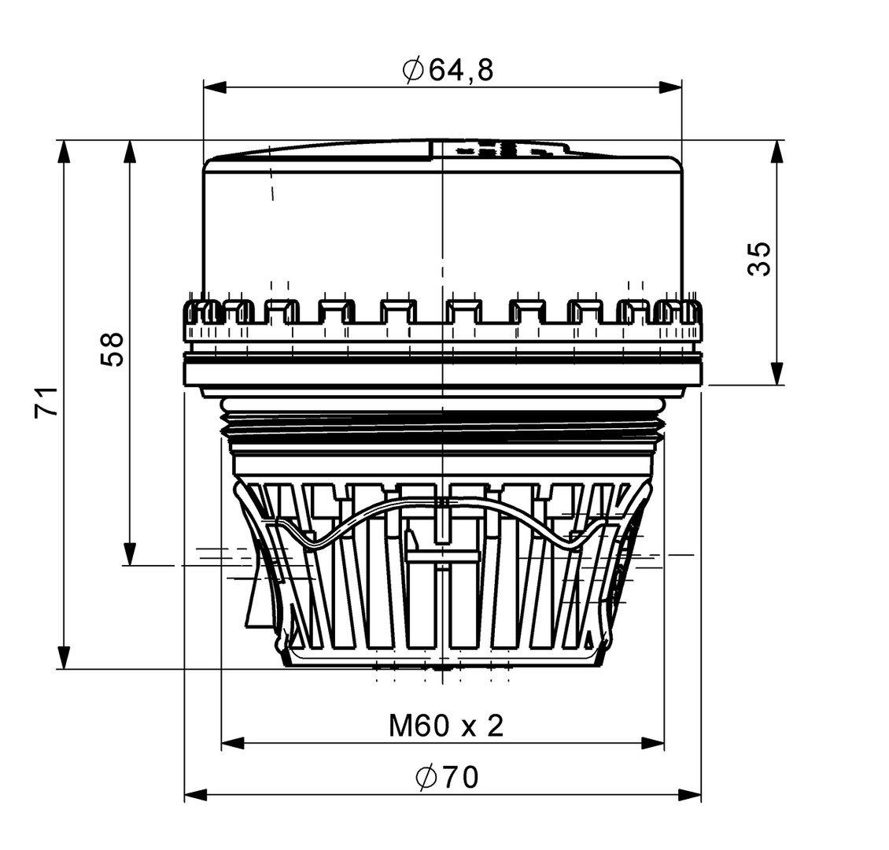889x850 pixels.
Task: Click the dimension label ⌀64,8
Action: pyautogui.click(x=448, y=70)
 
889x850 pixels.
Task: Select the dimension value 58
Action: pyautogui.click(x=112, y=349)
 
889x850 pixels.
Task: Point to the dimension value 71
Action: pyautogui.click(x=46, y=402)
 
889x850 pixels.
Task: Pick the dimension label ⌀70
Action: pyautogui.click(x=447, y=777)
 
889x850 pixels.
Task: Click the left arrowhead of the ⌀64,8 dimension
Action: pyautogui.click(x=215, y=87)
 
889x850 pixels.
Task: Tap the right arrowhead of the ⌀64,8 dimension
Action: pyautogui.click(x=670, y=87)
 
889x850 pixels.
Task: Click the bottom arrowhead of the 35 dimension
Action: pyautogui.click(x=776, y=373)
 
